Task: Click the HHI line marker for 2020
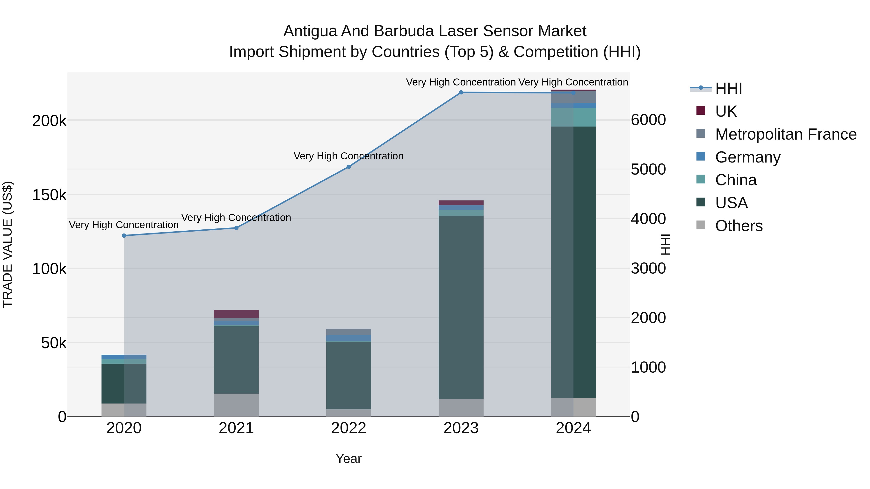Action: coord(124,235)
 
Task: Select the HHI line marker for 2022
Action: coord(348,167)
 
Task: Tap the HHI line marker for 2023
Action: coord(461,92)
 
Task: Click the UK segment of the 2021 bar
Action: coord(236,314)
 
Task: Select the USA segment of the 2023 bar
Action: coord(461,307)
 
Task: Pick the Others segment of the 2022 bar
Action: coord(348,413)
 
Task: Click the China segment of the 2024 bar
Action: coord(573,117)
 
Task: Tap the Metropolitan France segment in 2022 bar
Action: coord(348,332)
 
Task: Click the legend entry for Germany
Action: coord(747,157)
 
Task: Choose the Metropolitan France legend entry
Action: coord(786,134)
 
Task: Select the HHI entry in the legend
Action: coord(728,88)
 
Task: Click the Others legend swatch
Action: coord(701,225)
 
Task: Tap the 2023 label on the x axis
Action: coord(461,428)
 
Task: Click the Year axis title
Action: coord(348,459)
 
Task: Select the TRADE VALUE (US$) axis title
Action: coord(7,244)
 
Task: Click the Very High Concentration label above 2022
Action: coord(348,156)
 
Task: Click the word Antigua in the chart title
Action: coord(310,31)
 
